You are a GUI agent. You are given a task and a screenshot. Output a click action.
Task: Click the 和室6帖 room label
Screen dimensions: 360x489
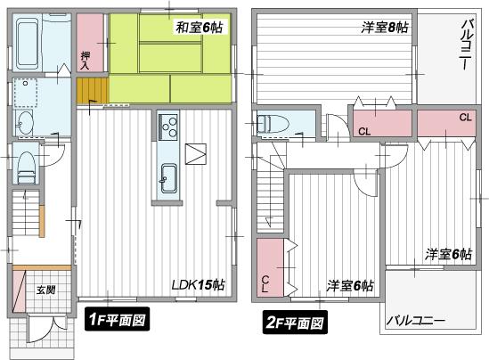[199, 29]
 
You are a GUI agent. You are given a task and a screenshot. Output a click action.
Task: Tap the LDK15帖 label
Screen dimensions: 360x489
[198, 285]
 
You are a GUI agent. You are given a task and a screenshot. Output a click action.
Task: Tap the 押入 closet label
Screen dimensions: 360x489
[86, 61]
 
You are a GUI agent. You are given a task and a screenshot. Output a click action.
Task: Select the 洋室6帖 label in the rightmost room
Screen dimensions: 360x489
[447, 254]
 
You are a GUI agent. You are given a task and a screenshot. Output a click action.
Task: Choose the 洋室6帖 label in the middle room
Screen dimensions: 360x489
[349, 285]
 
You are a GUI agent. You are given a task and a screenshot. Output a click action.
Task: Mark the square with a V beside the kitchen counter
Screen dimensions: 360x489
[195, 153]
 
